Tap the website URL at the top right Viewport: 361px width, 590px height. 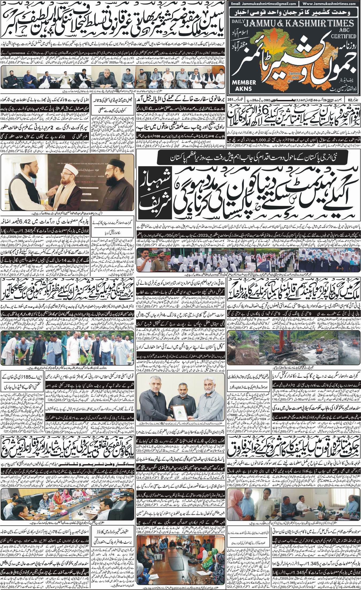click(x=330, y=4)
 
